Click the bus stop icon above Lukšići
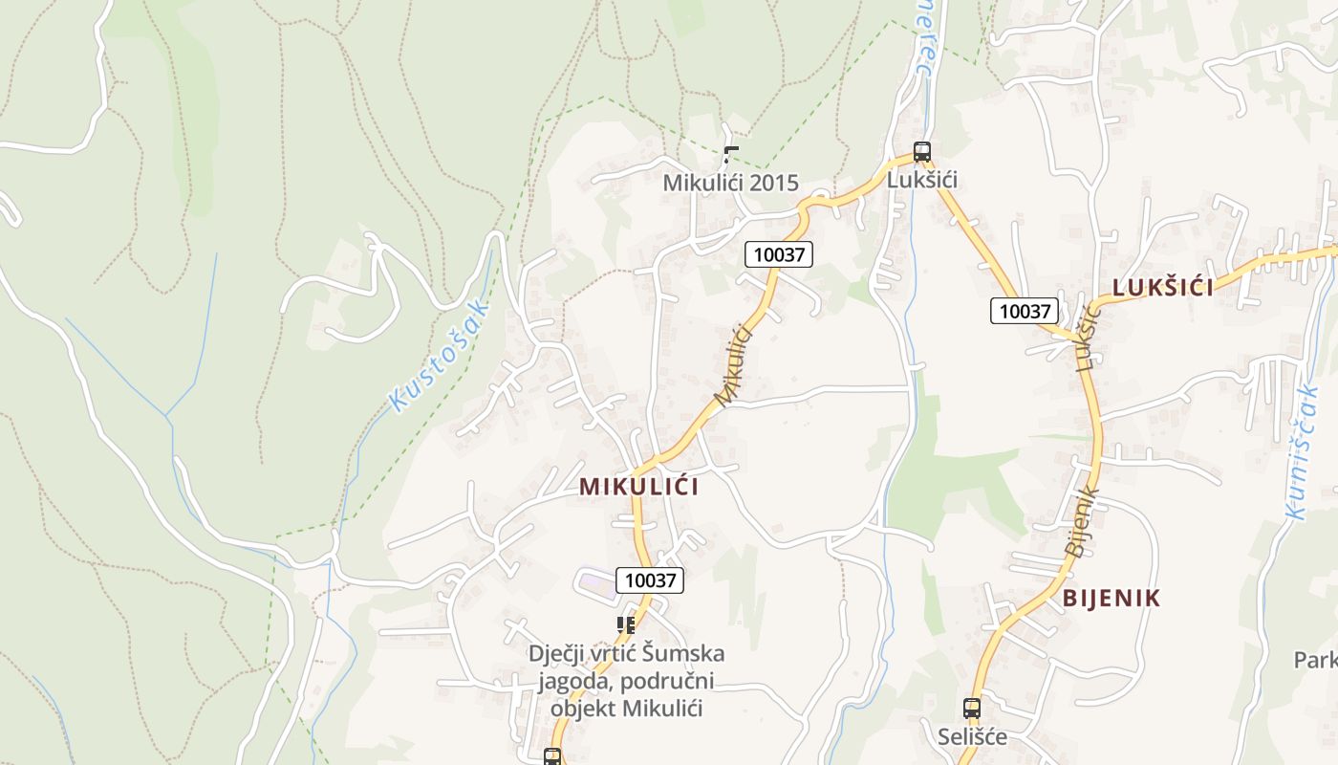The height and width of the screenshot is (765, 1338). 921,151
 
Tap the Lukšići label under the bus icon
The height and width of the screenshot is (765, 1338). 921,180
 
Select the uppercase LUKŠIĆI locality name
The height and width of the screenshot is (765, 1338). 1162,288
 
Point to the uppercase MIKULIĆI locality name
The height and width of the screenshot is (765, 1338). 638,487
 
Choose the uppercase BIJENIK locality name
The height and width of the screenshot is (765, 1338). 1111,599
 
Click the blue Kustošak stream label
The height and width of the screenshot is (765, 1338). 440,355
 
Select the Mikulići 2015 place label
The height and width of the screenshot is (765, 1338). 730,183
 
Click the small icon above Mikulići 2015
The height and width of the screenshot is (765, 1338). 731,153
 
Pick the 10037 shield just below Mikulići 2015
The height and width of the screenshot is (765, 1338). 779,254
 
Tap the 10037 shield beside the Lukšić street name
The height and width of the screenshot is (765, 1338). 1024,311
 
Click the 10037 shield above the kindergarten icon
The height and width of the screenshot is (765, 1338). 650,579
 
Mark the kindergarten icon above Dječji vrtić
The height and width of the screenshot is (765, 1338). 626,625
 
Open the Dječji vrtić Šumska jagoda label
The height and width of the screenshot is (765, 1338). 626,681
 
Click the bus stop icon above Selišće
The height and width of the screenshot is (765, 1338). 971,709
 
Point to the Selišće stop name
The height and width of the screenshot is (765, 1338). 971,737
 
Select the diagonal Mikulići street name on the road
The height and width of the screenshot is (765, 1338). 734,364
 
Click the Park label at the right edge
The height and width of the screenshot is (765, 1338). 1315,660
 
